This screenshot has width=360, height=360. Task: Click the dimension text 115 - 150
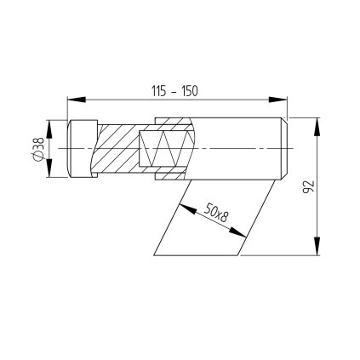pyautogui.click(x=174, y=91)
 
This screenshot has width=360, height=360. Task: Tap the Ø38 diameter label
pyautogui.click(x=38, y=149)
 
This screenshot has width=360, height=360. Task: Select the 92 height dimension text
pyautogui.click(x=309, y=186)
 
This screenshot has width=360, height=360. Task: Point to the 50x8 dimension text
pyautogui.click(x=216, y=213)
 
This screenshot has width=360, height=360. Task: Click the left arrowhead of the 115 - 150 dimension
pyautogui.click(x=77, y=100)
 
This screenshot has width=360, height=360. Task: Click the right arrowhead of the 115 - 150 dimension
pyautogui.click(x=278, y=100)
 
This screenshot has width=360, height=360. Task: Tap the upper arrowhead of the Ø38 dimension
pyautogui.click(x=49, y=129)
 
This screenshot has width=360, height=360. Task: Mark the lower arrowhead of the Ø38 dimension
pyautogui.click(x=49, y=169)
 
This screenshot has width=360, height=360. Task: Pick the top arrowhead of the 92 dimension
pyautogui.click(x=317, y=126)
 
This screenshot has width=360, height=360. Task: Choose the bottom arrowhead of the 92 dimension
pyautogui.click(x=317, y=246)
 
